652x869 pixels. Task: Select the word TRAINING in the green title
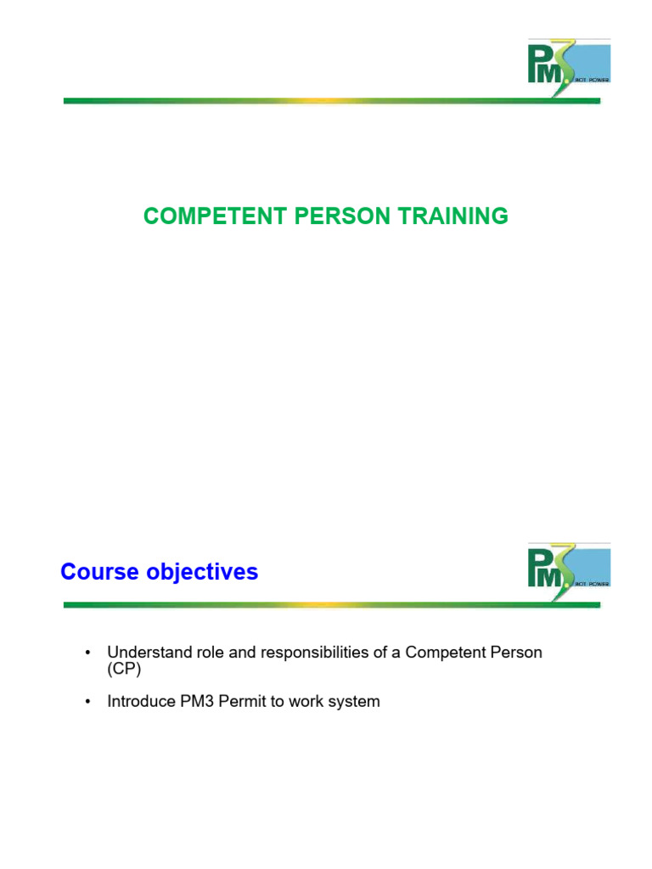coord(455,216)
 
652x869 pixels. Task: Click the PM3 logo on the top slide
coord(568,67)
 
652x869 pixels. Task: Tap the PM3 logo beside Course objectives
coord(568,571)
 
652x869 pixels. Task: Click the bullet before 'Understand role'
coord(87,653)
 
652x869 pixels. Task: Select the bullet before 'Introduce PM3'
coord(87,702)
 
